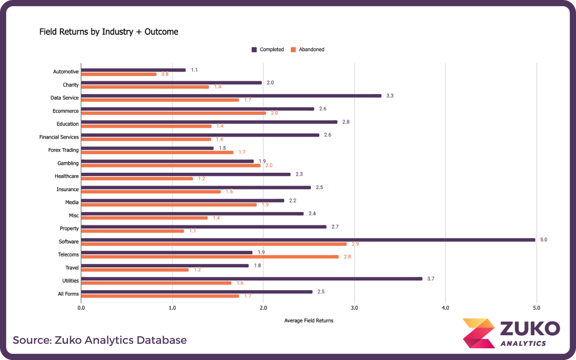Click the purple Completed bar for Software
[x=308, y=240]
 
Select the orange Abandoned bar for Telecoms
[x=210, y=257]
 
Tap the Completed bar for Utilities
[x=252, y=279]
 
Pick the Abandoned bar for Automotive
[x=119, y=74]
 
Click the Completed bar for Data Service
[x=231, y=96]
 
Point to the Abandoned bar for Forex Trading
[x=157, y=153]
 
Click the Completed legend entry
[x=268, y=49]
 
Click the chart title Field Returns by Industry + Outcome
[x=109, y=32]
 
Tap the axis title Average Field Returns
[x=309, y=321]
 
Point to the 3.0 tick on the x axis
[x=354, y=308]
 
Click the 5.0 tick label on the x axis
[x=536, y=308]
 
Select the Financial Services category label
[x=59, y=137]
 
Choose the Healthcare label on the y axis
[x=67, y=176]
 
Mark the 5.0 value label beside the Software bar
[x=543, y=240]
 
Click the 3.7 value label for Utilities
[x=430, y=279]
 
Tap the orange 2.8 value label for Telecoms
[x=347, y=257]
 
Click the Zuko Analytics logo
[x=511, y=333]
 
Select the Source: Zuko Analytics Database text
[x=99, y=340]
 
